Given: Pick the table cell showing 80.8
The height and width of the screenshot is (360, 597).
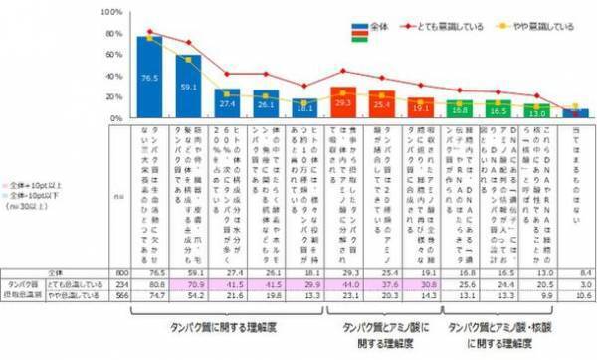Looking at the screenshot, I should (151, 282).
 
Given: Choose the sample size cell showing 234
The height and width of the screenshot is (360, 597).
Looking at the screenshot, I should (118, 282).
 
